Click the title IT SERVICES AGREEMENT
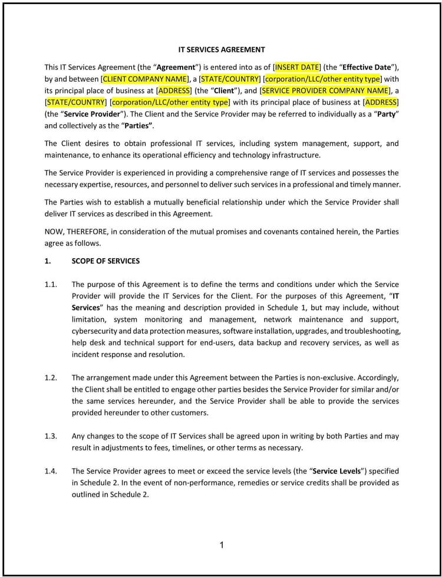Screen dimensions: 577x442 coord(222,50)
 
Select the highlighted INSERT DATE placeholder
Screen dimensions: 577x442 coord(297,67)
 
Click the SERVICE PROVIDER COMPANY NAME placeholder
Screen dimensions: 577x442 coord(325,91)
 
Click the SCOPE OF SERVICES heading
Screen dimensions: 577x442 coord(105,261)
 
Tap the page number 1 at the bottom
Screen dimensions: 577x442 coord(222,545)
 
